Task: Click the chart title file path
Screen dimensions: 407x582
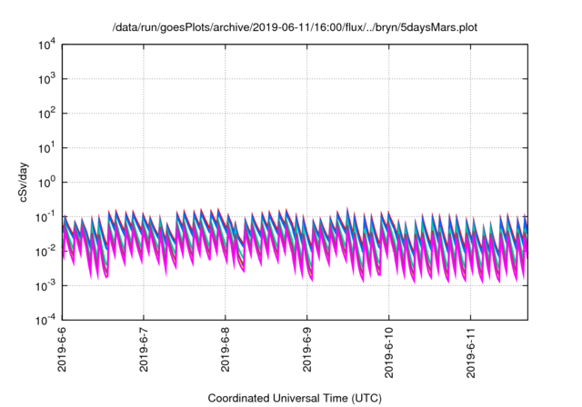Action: click(293, 28)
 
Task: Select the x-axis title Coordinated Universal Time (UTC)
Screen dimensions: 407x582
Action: click(294, 398)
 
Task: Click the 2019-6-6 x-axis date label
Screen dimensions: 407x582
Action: click(62, 351)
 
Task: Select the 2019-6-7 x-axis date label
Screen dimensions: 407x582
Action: click(144, 351)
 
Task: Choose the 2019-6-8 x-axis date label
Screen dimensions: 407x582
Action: click(226, 351)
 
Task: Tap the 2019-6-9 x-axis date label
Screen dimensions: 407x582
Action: click(307, 351)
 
